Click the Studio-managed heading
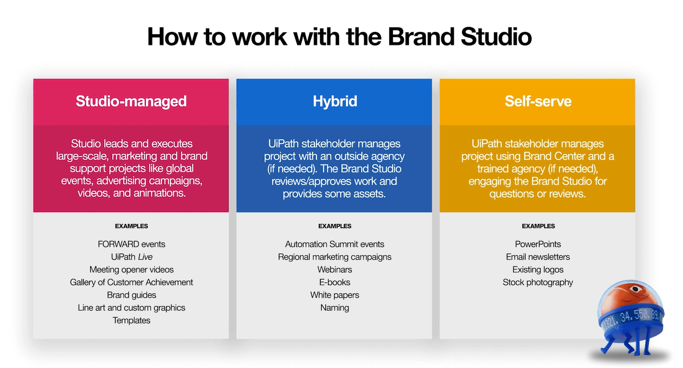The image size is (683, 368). [x=131, y=101]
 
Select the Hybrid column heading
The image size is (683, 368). [x=334, y=101]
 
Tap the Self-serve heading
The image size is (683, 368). [x=538, y=101]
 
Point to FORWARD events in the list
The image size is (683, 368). [x=131, y=244]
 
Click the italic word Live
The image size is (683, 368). [x=145, y=257]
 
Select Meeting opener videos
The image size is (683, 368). [x=131, y=270]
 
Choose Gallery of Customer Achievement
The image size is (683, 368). [x=131, y=282]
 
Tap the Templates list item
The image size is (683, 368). [x=131, y=320]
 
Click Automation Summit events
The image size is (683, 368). [x=334, y=244]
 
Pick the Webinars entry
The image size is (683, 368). [x=334, y=270]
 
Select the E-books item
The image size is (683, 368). [x=334, y=282]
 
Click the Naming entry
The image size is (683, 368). [x=334, y=308]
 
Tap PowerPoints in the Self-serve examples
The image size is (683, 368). [x=538, y=244]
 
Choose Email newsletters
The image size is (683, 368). [x=538, y=257]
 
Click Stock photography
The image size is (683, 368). [x=538, y=282]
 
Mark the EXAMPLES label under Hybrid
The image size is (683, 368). [x=334, y=226]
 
